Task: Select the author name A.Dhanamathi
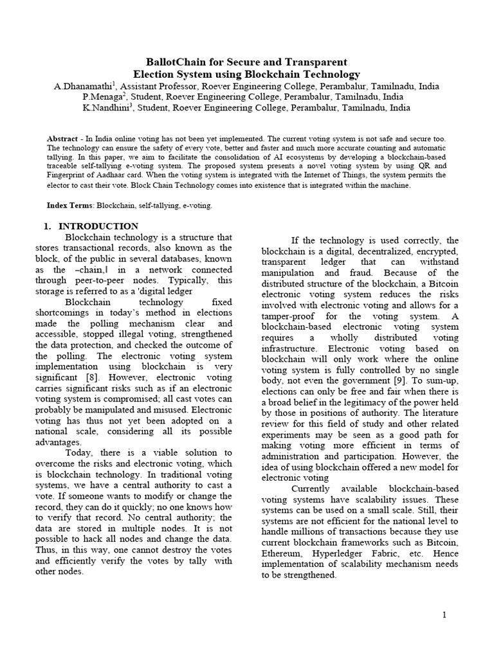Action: point(81,85)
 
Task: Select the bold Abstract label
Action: point(64,139)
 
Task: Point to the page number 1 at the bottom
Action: point(444,615)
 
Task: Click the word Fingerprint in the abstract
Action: point(68,175)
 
